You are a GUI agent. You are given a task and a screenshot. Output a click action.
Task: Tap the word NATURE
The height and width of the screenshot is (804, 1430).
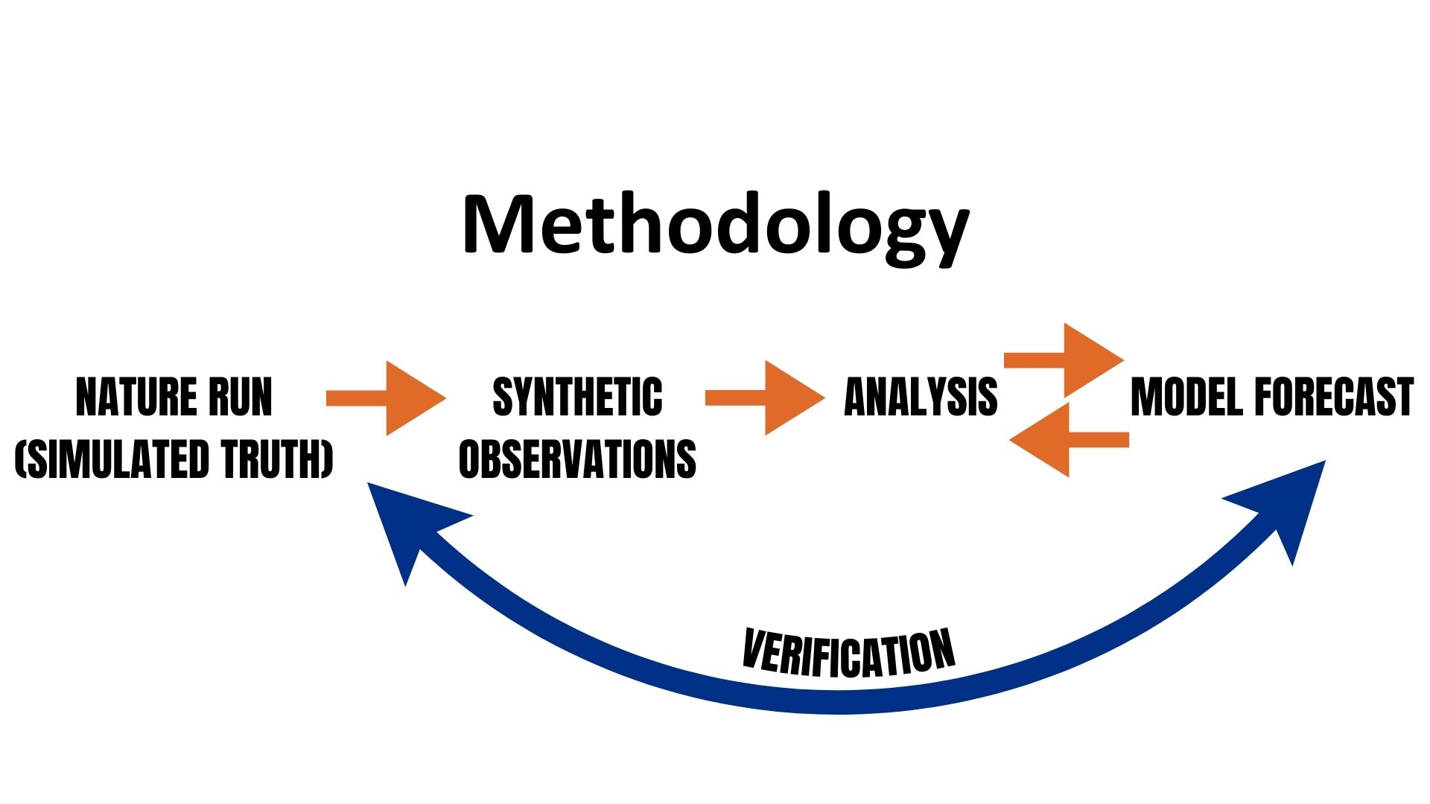(136, 397)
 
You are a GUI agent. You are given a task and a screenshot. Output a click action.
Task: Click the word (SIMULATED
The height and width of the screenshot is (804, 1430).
(104, 459)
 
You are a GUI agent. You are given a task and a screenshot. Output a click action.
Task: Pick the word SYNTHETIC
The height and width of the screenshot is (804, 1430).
(577, 397)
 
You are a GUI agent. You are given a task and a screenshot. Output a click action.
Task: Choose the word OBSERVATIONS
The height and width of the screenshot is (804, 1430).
(577, 459)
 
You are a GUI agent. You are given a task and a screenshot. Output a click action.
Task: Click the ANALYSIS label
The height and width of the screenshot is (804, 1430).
(921, 397)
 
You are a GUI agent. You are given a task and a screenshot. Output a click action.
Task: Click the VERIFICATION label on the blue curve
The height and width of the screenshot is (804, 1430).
(849, 653)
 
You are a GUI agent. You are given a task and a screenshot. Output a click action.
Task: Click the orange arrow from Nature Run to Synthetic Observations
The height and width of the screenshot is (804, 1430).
(386, 398)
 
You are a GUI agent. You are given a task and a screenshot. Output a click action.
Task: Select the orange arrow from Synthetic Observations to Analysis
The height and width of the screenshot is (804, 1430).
(765, 398)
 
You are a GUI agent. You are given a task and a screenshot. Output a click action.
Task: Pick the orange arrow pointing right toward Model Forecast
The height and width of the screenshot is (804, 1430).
(1065, 360)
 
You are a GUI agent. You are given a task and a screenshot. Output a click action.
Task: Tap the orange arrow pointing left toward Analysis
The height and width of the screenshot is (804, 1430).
(1068, 439)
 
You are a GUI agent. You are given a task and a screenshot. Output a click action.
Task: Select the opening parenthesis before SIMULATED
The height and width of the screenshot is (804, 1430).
(21, 459)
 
